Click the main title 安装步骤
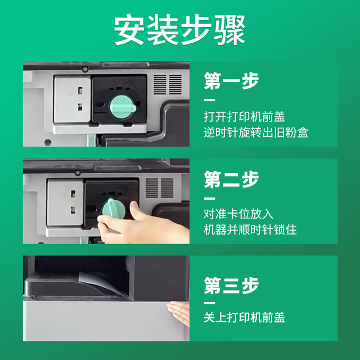180,29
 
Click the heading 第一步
231,82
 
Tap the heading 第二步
231,179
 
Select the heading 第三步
231,285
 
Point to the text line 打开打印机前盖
244,118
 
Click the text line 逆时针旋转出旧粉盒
256,133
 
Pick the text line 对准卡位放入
238,214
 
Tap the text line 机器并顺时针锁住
250,230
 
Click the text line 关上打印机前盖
244,317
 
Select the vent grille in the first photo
168,85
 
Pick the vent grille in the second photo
160,188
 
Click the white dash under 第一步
209,101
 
